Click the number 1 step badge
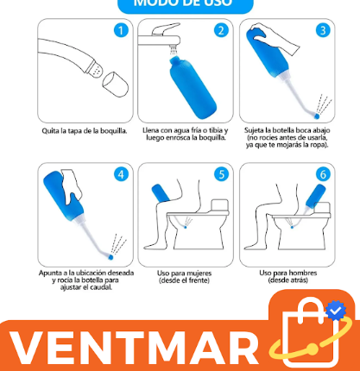(121, 30)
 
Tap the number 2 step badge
(221, 30)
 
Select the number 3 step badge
(323, 30)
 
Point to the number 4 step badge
(121, 174)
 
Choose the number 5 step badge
(221, 174)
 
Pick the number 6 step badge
(323, 174)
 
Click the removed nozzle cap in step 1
(116, 84)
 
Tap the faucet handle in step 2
(163, 29)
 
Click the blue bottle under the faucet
(193, 88)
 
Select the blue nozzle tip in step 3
(317, 116)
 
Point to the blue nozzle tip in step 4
(111, 256)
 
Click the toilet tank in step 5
(219, 205)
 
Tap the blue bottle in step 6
(316, 197)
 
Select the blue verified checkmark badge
(336, 311)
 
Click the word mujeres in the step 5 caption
(199, 273)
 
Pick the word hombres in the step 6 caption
(302, 273)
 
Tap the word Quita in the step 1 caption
(51, 131)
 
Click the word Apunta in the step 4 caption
(51, 273)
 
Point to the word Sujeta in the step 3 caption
(255, 130)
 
